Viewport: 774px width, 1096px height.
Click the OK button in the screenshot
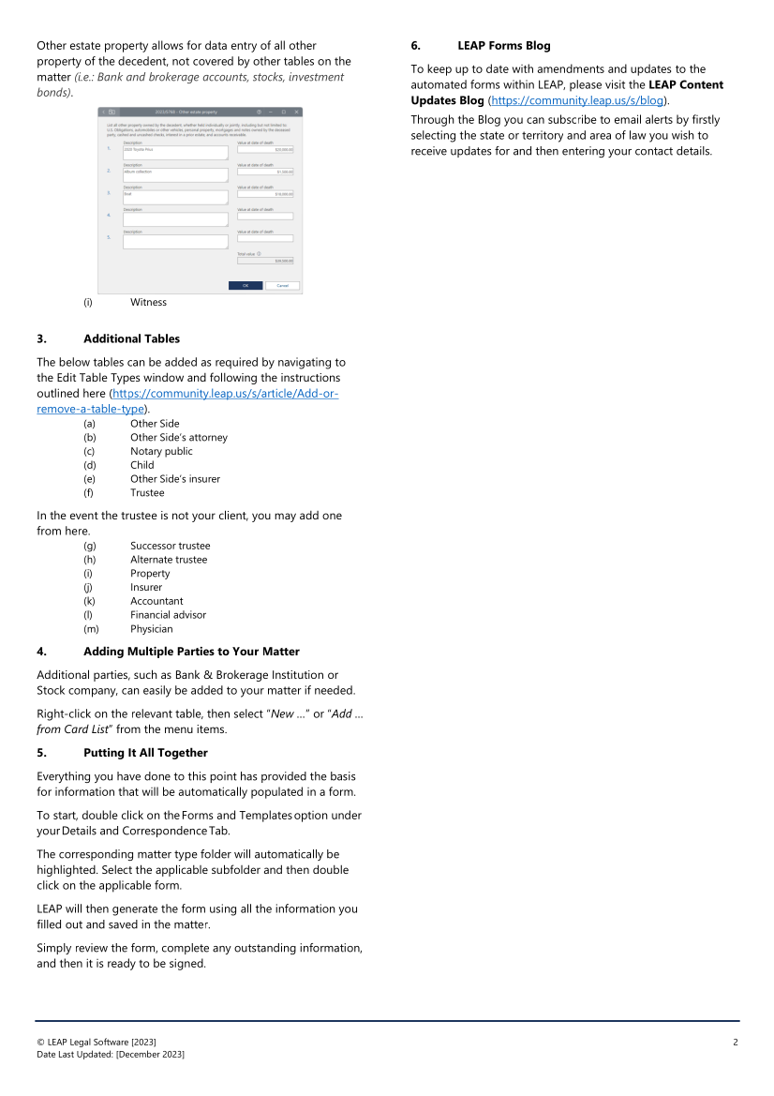point(246,285)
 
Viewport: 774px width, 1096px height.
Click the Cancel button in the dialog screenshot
point(282,285)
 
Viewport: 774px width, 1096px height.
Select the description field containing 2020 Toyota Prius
point(175,153)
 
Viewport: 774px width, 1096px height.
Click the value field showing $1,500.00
point(265,172)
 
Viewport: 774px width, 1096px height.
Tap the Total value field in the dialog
point(265,261)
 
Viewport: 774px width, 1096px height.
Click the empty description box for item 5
point(175,241)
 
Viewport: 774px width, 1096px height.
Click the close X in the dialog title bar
point(296,112)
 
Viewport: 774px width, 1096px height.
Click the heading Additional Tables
point(131,338)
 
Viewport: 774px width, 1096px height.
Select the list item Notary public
point(161,451)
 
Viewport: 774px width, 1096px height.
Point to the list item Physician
point(151,629)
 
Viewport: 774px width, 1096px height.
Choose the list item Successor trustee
point(170,546)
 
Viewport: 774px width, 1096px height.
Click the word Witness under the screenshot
point(148,302)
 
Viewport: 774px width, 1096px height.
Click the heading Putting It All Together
point(145,752)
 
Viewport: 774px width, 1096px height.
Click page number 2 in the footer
point(736,1043)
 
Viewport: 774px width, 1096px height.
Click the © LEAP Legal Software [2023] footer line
point(97,1043)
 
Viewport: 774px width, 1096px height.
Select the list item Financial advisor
point(168,615)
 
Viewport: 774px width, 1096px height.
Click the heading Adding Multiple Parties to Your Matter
point(191,651)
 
